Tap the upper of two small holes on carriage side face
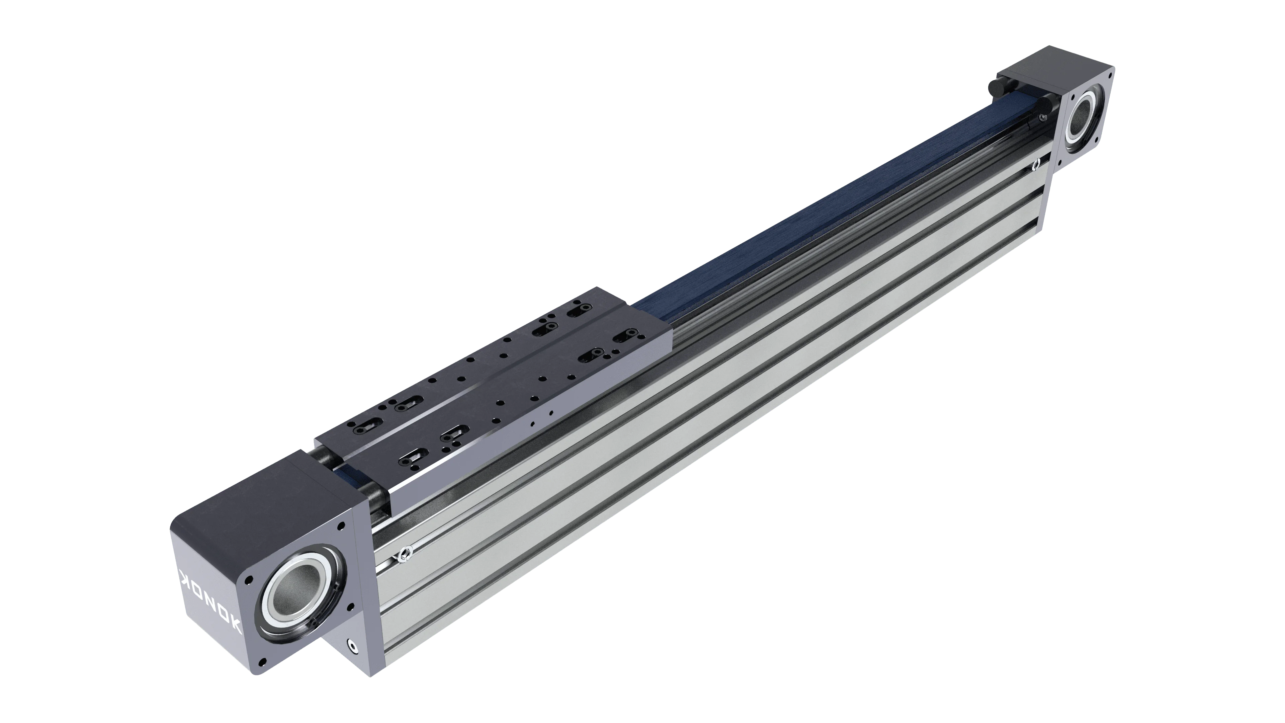550,413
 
